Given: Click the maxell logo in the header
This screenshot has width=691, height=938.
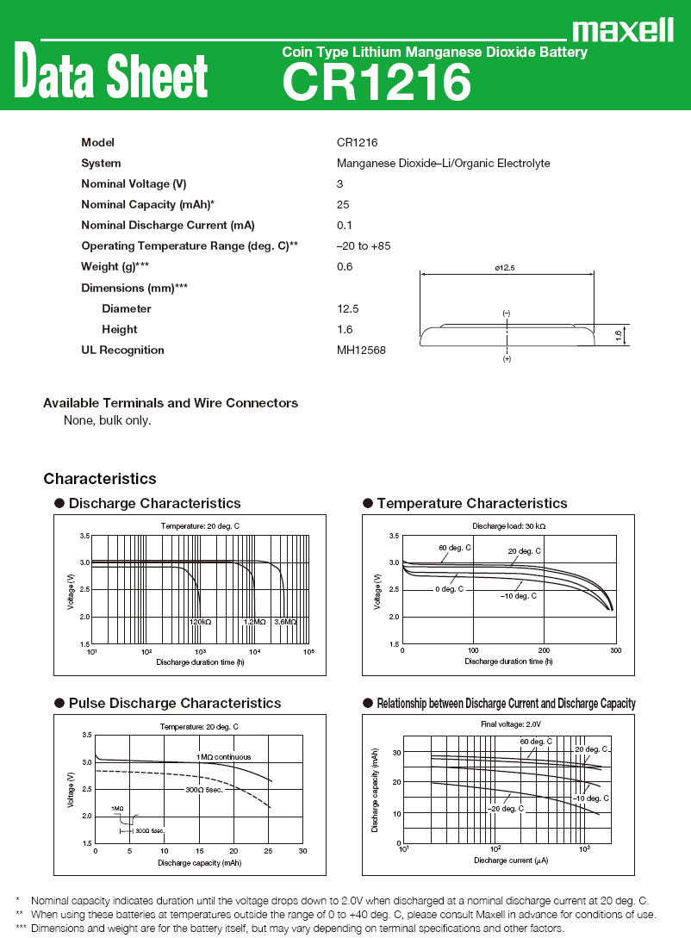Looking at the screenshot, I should pos(622,31).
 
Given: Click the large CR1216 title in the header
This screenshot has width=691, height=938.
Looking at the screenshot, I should pos(377,84).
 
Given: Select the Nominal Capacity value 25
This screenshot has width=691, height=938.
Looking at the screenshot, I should pos(343,205).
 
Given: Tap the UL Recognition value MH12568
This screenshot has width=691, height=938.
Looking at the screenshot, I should pos(361,350).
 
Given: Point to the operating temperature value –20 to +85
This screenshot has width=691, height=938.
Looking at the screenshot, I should pos(364,246).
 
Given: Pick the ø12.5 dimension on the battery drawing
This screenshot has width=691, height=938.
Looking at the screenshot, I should pos(505,269).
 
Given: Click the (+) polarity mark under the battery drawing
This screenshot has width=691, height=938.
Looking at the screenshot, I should pos(507,358).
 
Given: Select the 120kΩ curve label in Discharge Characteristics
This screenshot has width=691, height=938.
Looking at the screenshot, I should pos(201,622).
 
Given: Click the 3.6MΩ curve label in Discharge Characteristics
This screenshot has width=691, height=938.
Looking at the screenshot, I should pos(285,622).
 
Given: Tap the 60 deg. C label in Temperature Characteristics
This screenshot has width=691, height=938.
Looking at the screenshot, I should pos(455,548).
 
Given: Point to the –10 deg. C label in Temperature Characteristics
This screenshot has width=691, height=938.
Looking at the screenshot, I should pos(519,596).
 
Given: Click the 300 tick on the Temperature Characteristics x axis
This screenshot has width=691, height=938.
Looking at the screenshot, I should pos(616,651).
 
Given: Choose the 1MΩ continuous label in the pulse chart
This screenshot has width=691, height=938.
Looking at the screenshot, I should pos(224,756).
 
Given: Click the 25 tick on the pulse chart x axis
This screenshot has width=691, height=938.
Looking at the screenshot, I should pos(268,850).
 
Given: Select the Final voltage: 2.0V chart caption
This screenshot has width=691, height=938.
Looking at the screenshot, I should pos(510,724).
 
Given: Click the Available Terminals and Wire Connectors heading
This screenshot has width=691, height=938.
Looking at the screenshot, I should pos(171,403).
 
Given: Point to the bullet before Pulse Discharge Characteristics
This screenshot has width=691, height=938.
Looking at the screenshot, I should pos(59,703).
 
